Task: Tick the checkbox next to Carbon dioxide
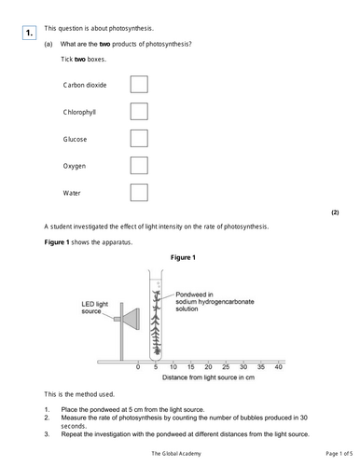tap(139, 85)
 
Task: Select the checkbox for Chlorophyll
tap(139, 112)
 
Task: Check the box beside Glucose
tap(139, 139)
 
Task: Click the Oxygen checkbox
tap(139, 166)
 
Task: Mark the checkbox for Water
tap(139, 193)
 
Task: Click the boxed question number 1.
tap(30, 34)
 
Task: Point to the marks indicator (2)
tap(335, 212)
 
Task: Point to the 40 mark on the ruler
tap(278, 368)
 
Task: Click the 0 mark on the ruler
tap(137, 368)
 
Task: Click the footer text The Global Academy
tap(179, 452)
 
